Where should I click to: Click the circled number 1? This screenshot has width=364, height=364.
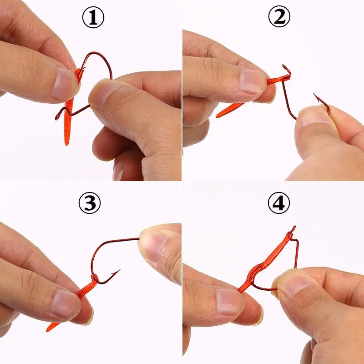point(93,17)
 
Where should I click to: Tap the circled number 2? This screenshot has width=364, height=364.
point(279,16)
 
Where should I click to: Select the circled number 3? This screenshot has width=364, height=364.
point(90,202)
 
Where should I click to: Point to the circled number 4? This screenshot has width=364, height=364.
point(279,202)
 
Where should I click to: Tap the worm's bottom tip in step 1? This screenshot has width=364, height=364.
point(67,144)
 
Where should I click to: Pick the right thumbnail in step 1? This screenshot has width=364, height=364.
point(102,89)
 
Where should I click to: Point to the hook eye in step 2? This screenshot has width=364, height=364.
point(285,67)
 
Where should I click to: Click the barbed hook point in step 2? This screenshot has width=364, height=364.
point(316,96)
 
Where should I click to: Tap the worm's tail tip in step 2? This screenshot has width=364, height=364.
point(218,116)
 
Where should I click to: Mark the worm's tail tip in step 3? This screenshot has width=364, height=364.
point(48,330)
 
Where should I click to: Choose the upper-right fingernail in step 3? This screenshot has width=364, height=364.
point(154,244)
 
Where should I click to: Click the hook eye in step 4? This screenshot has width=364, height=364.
point(293,229)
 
